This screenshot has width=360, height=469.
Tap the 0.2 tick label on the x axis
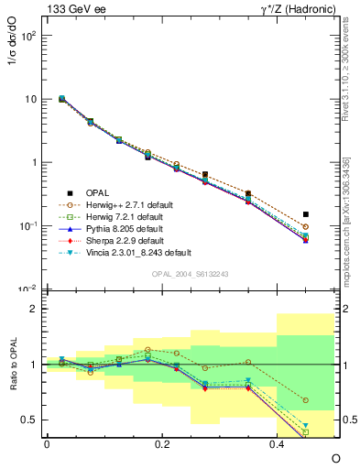point(162,443)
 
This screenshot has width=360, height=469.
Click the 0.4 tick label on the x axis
point(277,443)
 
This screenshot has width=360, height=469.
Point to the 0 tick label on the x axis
point(47,443)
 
